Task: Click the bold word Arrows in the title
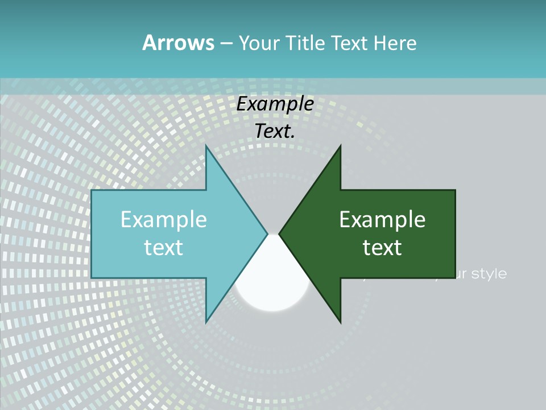(x=178, y=43)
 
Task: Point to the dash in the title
(x=226, y=43)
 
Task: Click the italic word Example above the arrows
(x=275, y=104)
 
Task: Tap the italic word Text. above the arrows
(x=275, y=131)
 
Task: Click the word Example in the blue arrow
(x=164, y=220)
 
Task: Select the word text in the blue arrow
(x=164, y=247)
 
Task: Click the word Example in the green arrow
(x=382, y=220)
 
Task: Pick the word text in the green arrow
(x=382, y=247)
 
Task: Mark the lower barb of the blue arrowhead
(x=207, y=320)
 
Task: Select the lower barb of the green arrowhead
(x=340, y=320)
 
